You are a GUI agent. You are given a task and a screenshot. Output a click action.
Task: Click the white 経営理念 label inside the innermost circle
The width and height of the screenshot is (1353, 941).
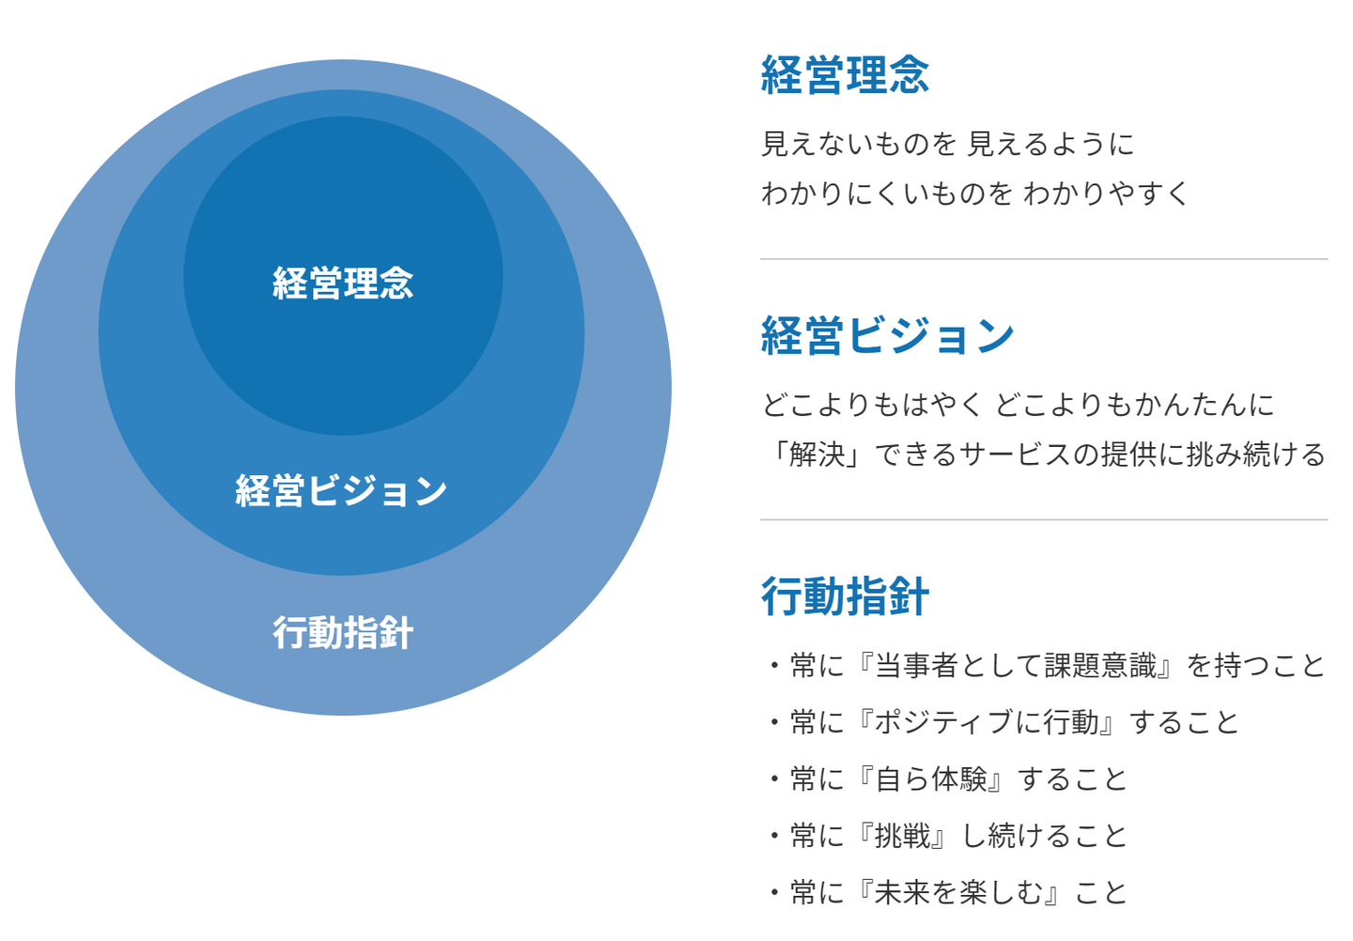[x=343, y=283]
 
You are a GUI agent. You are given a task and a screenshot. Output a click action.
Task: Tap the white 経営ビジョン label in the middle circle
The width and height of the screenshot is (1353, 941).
[x=341, y=490]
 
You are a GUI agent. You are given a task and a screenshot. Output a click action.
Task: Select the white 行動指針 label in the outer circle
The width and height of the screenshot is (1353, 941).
[x=343, y=632]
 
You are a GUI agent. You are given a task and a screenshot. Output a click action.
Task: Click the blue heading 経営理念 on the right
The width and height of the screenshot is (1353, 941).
[x=845, y=75]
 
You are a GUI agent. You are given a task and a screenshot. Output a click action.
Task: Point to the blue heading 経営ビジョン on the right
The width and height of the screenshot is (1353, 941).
[x=887, y=335]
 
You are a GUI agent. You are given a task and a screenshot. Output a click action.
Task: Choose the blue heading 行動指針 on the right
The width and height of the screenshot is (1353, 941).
[x=845, y=596]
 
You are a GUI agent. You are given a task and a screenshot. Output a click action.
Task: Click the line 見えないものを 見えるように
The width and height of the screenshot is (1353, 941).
[x=947, y=144]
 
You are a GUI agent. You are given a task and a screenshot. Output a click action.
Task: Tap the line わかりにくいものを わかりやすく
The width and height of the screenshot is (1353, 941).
[x=974, y=193]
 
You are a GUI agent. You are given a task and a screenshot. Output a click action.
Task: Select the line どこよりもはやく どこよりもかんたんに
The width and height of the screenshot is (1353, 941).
[x=1018, y=405]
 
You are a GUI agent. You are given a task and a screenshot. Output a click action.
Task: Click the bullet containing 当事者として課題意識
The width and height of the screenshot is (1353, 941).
[x=1046, y=666]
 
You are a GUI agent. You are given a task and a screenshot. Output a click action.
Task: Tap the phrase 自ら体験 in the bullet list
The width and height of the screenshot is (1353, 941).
[x=931, y=779]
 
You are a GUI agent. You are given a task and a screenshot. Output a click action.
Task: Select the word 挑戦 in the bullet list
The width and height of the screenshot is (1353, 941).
[x=903, y=836]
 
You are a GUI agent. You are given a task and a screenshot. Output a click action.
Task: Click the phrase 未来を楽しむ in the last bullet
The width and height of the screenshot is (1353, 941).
[x=958, y=892]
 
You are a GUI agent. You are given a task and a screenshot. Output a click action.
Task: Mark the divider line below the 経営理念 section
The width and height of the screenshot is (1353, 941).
[x=1043, y=258]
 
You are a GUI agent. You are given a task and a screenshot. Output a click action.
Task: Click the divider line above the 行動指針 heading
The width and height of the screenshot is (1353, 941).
[x=1043, y=519]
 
